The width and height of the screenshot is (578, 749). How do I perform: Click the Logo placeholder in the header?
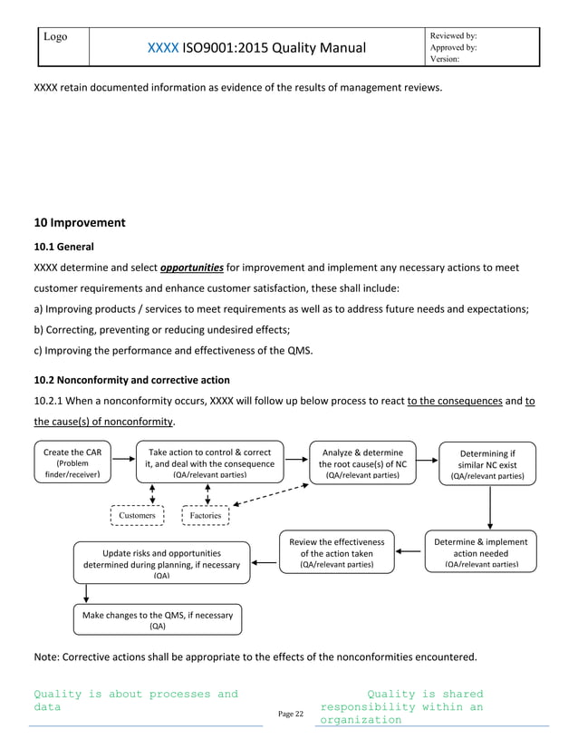coord(57,38)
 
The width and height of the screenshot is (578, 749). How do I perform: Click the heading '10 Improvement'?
coord(79,222)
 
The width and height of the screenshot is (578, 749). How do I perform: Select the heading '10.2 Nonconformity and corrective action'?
coord(131,380)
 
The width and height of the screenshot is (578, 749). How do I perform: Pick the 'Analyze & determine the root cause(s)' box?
coord(362,462)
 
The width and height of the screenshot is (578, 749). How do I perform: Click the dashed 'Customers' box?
coord(138,515)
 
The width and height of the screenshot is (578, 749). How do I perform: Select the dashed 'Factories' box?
coord(205,515)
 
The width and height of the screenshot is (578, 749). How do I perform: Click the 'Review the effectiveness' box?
coord(336,553)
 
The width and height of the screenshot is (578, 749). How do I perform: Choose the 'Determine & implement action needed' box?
coord(480,553)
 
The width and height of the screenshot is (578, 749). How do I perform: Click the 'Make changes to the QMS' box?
coord(158,619)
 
